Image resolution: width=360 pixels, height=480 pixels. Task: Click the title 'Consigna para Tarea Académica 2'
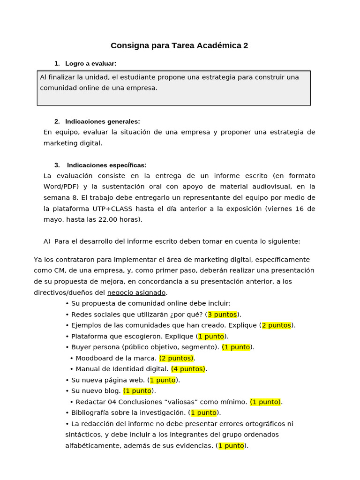click(180, 45)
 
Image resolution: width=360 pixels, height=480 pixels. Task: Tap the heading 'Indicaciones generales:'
click(103, 121)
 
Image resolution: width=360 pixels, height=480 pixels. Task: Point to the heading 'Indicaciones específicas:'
click(106, 165)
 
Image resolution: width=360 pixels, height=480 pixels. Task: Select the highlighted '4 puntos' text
click(188, 369)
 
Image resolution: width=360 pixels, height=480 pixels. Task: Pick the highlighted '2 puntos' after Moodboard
click(176, 358)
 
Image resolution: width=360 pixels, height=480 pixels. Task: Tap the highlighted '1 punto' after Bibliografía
click(203, 413)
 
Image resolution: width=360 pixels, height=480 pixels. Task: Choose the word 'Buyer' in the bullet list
click(81, 347)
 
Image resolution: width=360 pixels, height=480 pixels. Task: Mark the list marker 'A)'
click(47, 241)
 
